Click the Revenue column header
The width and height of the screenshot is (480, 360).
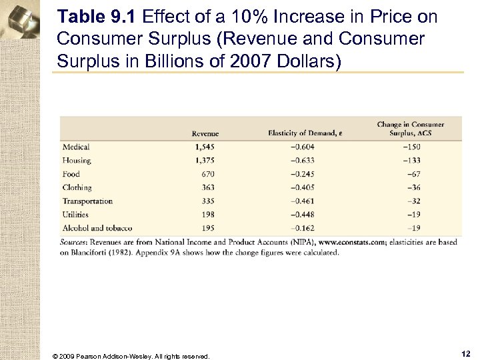(x=205, y=133)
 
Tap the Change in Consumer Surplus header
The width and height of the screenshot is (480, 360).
(x=410, y=129)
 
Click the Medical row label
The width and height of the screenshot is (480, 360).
(x=75, y=147)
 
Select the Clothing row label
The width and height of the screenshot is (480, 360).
(x=77, y=187)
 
